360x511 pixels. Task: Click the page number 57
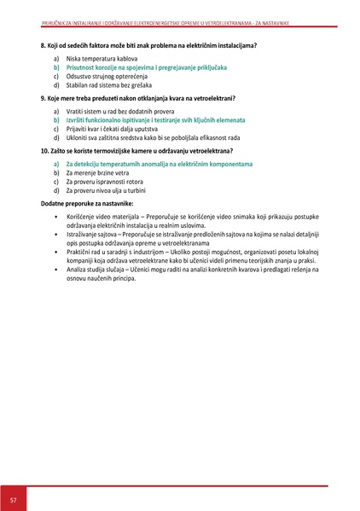pos(14,497)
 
